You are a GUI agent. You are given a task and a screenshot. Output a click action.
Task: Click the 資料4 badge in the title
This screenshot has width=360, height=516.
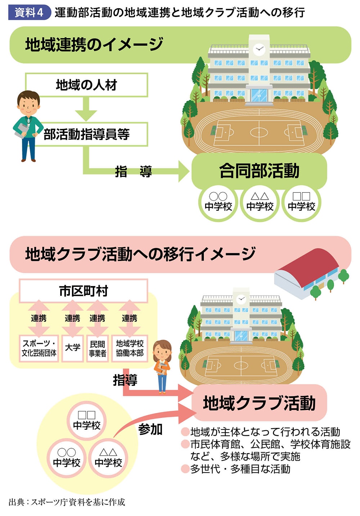pos(29,12)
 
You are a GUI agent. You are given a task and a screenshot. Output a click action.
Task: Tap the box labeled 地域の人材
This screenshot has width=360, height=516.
pos(86,85)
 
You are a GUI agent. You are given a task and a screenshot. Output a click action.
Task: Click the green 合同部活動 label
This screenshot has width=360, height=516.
pos(259,170)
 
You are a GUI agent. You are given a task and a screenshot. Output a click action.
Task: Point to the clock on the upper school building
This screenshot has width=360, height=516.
pos(258,49)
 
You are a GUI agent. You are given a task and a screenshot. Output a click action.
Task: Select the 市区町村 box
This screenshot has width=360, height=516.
pos(84,290)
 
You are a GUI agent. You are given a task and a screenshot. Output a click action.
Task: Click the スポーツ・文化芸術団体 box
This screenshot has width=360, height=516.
pos(39,348)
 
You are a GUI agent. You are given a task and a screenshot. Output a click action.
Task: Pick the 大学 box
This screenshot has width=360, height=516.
pos(73,348)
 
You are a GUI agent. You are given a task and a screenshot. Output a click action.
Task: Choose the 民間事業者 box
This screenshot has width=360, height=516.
pos(98,348)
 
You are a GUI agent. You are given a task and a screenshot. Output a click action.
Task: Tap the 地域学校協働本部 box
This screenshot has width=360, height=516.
pos(130,348)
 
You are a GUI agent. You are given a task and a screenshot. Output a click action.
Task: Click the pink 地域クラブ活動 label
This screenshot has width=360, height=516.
pos(259,402)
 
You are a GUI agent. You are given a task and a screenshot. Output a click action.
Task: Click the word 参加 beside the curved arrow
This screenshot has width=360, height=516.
pos(150,429)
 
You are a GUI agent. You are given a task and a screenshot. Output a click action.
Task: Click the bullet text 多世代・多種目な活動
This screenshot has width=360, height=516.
pos(240,469)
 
